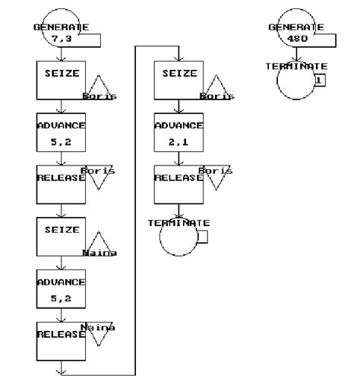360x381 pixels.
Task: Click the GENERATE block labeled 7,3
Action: pos(61,29)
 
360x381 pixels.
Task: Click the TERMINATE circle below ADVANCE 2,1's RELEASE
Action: pos(178,238)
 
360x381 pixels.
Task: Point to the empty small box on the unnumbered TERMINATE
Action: pos(203,238)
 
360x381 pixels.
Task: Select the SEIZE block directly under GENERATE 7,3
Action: pos(61,79)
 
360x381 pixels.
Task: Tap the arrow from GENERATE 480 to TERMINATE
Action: pos(295,55)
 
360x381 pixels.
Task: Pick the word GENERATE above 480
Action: pos(296,27)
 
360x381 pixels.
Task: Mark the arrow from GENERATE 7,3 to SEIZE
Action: pos(61,54)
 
